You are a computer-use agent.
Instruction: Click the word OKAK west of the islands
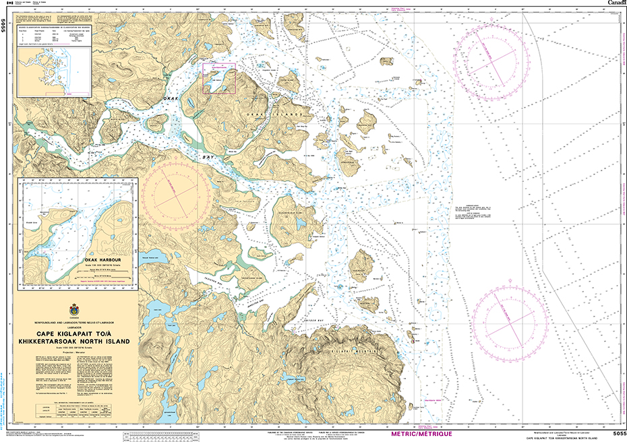point(171,99)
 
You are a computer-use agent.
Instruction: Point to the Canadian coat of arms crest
point(73,309)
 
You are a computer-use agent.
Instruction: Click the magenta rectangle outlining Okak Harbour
point(219,78)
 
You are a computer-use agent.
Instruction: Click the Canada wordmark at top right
point(614,4)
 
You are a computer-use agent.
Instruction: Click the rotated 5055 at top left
point(4,26)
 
